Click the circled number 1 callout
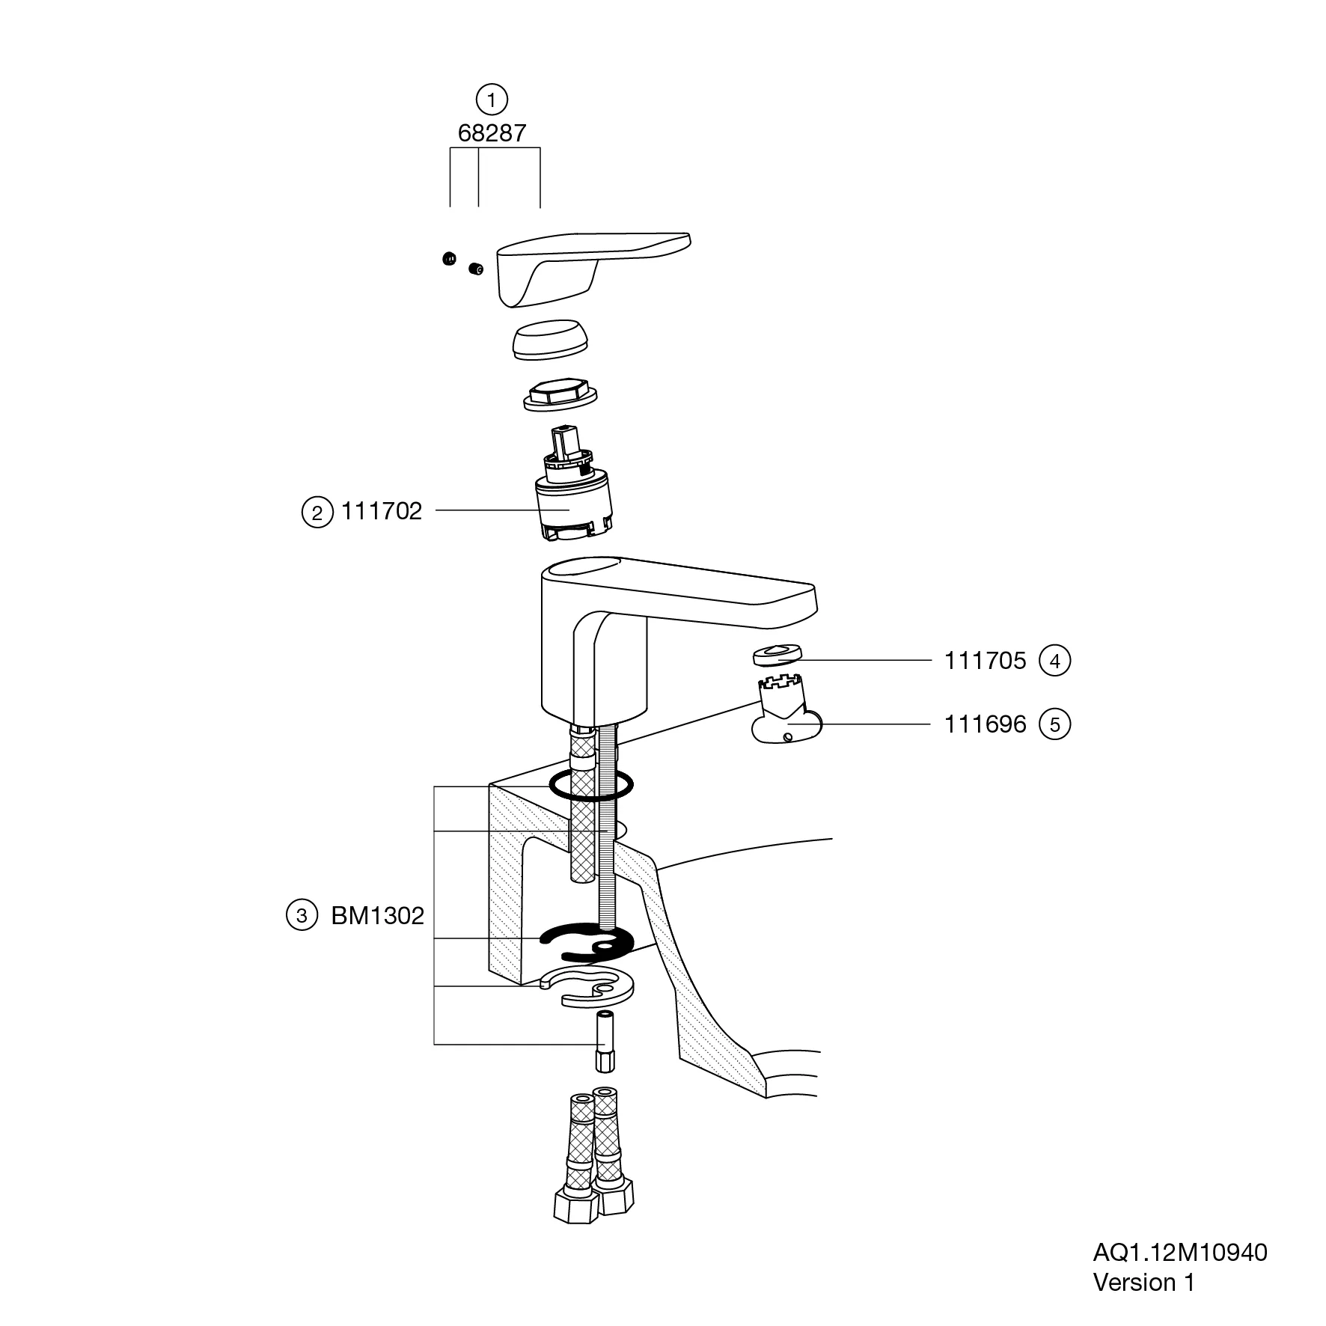pos(492,100)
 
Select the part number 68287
pos(492,134)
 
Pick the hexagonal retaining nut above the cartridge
pos(561,396)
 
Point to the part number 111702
pos(382,511)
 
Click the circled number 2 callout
pos(317,513)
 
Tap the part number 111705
pos(985,661)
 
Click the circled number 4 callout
pos(1055,661)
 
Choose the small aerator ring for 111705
pos(776,654)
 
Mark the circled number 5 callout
pos(1055,724)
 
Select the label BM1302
pos(378,916)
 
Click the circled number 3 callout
pos(302,916)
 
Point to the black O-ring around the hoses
pos(591,786)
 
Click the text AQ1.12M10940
pos(1180,1252)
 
